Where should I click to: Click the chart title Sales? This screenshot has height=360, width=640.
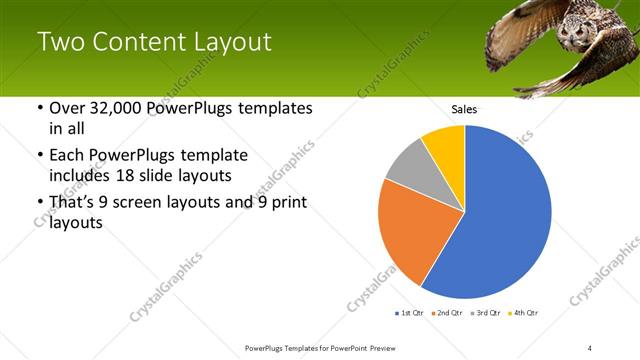464,109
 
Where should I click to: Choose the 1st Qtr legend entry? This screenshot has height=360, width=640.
410,314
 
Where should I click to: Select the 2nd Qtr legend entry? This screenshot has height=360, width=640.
446,314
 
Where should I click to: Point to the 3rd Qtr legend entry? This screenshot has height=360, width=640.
483,314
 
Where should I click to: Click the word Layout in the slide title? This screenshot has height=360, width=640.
229,42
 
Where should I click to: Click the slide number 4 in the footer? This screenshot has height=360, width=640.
589,347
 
